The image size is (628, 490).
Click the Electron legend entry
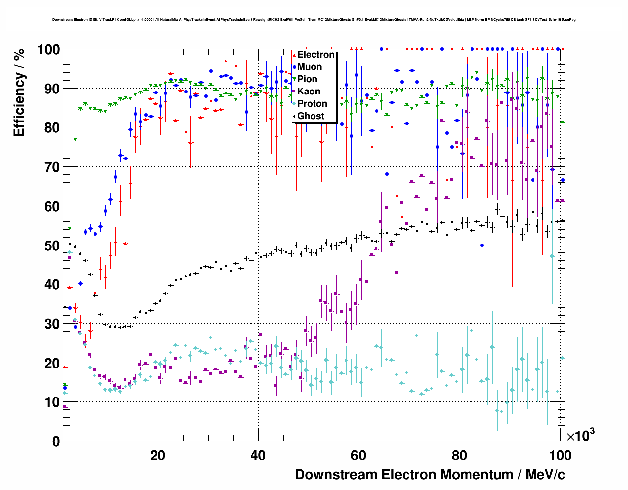pos(315,55)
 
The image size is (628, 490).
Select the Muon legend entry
pos(310,67)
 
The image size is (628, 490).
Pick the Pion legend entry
pos(307,79)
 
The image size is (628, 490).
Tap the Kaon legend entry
pos(309,92)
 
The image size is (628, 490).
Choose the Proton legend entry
pos(312,104)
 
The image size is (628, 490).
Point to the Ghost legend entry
pos(311,116)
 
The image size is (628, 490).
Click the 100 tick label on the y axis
pos(48,50)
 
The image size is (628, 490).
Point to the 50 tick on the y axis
pos(52,245)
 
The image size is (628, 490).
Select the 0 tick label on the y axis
pos(56,442)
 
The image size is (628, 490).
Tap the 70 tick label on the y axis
pos(52,167)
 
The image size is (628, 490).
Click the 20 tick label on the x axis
pos(157,456)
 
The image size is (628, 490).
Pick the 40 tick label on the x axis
pos(258,456)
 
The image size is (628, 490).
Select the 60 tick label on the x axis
pos(359,456)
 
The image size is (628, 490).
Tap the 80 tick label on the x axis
pos(459,456)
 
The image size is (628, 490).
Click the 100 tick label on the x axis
pos(560,456)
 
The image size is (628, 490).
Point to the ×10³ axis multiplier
pos(580,435)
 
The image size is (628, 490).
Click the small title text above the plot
pos(314,20)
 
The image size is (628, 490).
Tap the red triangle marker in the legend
pos(294,55)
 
